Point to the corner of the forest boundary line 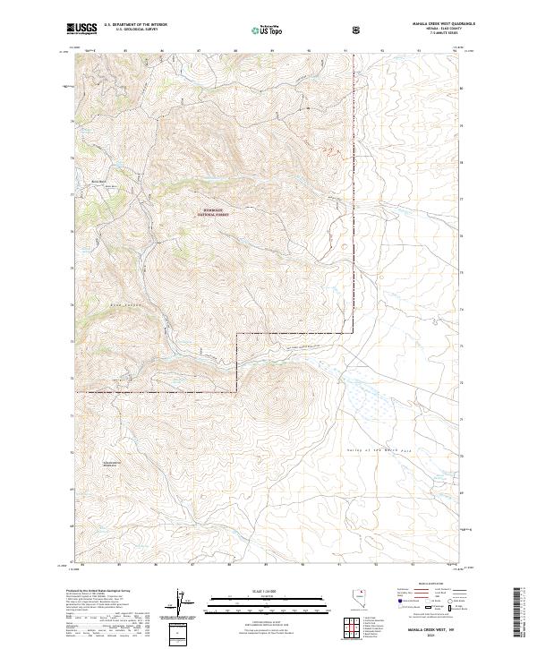coord(236,333)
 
